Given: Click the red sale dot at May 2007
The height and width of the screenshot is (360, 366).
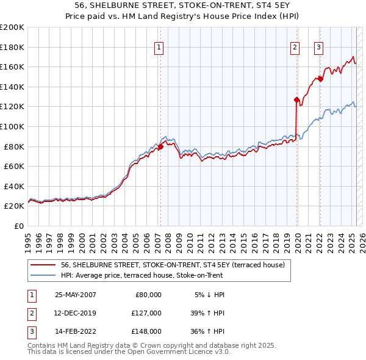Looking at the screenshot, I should pos(160,146).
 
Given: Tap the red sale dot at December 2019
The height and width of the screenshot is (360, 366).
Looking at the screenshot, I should pos(296,99).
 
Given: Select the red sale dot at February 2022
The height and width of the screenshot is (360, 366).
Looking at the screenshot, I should pos(320,78).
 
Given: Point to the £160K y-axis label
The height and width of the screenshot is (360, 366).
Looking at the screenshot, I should pos(12,67).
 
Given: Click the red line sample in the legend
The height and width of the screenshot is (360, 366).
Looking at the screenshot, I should pos(43,265).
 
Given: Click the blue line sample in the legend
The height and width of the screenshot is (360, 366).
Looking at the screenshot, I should pos(43,275).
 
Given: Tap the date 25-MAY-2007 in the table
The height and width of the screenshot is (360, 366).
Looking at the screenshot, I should pos(75,295).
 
